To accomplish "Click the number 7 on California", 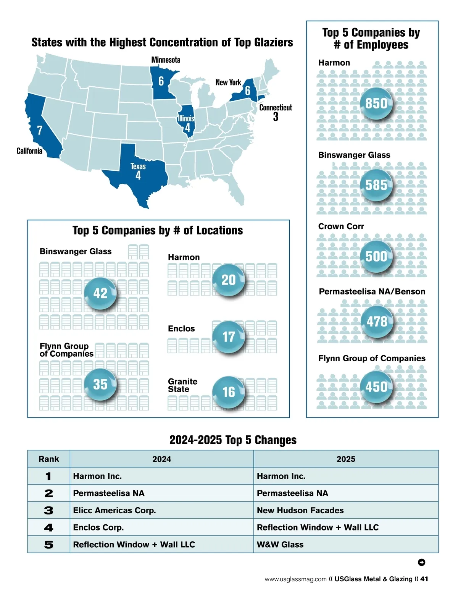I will pos(40,130).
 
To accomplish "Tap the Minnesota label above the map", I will pos(166,60).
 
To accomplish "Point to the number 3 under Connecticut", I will pos(276,117).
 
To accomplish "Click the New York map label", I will pos(228,82).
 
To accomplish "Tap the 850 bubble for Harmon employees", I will pos(376,103).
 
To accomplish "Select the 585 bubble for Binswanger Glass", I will pos(376,185).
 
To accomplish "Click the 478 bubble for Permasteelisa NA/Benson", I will pos(377,322).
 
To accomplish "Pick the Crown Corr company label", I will pos(341,226).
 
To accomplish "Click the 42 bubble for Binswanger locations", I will pos(100,293).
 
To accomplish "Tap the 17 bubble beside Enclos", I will pos(229,337).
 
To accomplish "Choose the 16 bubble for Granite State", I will pos(229,392).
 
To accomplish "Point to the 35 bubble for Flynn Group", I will pos(100,384).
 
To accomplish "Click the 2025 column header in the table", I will pos(346,459).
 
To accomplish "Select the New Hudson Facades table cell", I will pos(300,510).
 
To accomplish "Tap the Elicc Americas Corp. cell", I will pos(114,510).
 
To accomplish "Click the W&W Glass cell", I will pos(280,545).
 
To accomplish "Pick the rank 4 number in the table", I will pos(48,528).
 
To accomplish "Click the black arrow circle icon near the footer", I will pos(421,562).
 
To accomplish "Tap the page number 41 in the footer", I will pos(424,579).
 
